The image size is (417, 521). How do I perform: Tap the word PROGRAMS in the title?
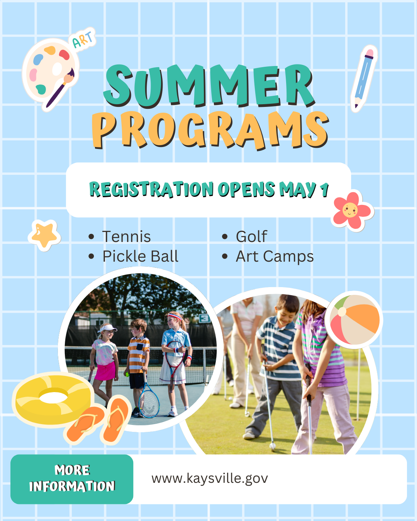(x=210, y=130)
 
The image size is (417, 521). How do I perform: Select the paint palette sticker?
(x=50, y=73)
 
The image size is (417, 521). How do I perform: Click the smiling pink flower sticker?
(x=351, y=210)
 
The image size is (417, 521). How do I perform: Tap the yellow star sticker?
(x=44, y=234)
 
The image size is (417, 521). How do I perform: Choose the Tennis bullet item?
(x=126, y=237)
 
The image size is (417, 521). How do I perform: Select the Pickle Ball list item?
(x=140, y=256)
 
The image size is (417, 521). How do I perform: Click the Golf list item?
(x=251, y=237)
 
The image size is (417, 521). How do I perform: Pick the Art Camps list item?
(x=275, y=256)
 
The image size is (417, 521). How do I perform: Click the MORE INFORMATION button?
(x=72, y=479)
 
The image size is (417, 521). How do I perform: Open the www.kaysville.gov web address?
(x=210, y=479)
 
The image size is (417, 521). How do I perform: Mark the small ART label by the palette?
(x=83, y=39)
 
